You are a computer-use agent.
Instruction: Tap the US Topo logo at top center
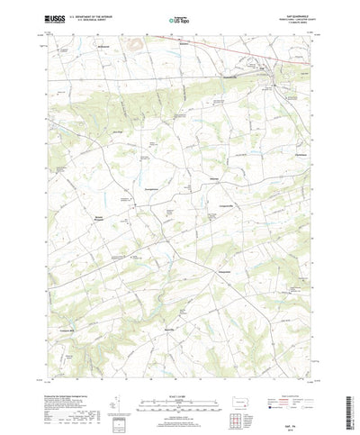(179, 18)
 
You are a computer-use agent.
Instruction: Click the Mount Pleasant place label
(100, 218)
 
